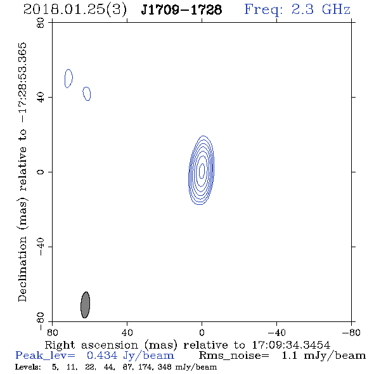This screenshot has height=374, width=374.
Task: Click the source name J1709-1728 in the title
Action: coord(181,10)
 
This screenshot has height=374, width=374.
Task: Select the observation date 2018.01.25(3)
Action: coord(75,10)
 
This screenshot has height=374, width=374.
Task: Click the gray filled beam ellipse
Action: coord(85,305)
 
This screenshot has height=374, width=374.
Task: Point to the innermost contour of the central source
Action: coord(202,171)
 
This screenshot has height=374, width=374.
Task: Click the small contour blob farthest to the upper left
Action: coord(68,79)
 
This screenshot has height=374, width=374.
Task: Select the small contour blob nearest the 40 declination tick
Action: coord(87,94)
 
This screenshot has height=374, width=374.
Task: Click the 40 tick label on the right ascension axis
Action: coord(127,333)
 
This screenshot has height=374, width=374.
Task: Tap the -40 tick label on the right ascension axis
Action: coord(276,333)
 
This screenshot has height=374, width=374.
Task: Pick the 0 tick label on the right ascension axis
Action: coord(202,333)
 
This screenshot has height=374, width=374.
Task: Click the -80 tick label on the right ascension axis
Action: coord(351,333)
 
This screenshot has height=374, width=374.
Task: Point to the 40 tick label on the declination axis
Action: coord(41,98)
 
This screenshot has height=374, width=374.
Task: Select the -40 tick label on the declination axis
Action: coord(41,247)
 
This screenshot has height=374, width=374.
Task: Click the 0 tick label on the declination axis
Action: coord(41,172)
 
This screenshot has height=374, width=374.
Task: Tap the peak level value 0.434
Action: coord(102,356)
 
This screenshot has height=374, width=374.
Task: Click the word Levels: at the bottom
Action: coord(28,366)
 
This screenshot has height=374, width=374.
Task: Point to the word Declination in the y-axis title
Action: coord(22,269)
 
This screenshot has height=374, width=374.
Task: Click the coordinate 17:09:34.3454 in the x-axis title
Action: coord(291,345)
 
